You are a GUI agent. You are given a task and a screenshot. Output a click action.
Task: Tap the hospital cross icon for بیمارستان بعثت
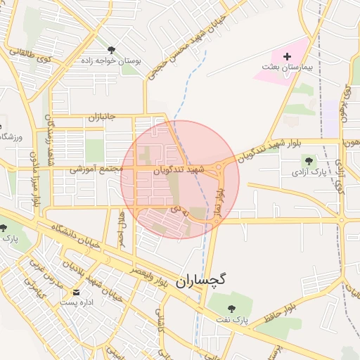click(x=286, y=56)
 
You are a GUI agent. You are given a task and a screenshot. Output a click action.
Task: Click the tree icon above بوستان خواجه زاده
click(x=112, y=49)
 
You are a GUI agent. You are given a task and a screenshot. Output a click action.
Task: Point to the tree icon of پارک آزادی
click(x=307, y=161)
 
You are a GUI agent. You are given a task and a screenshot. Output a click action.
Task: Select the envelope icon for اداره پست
click(x=76, y=291)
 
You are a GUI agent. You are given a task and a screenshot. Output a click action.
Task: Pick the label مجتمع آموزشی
click(x=96, y=169)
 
